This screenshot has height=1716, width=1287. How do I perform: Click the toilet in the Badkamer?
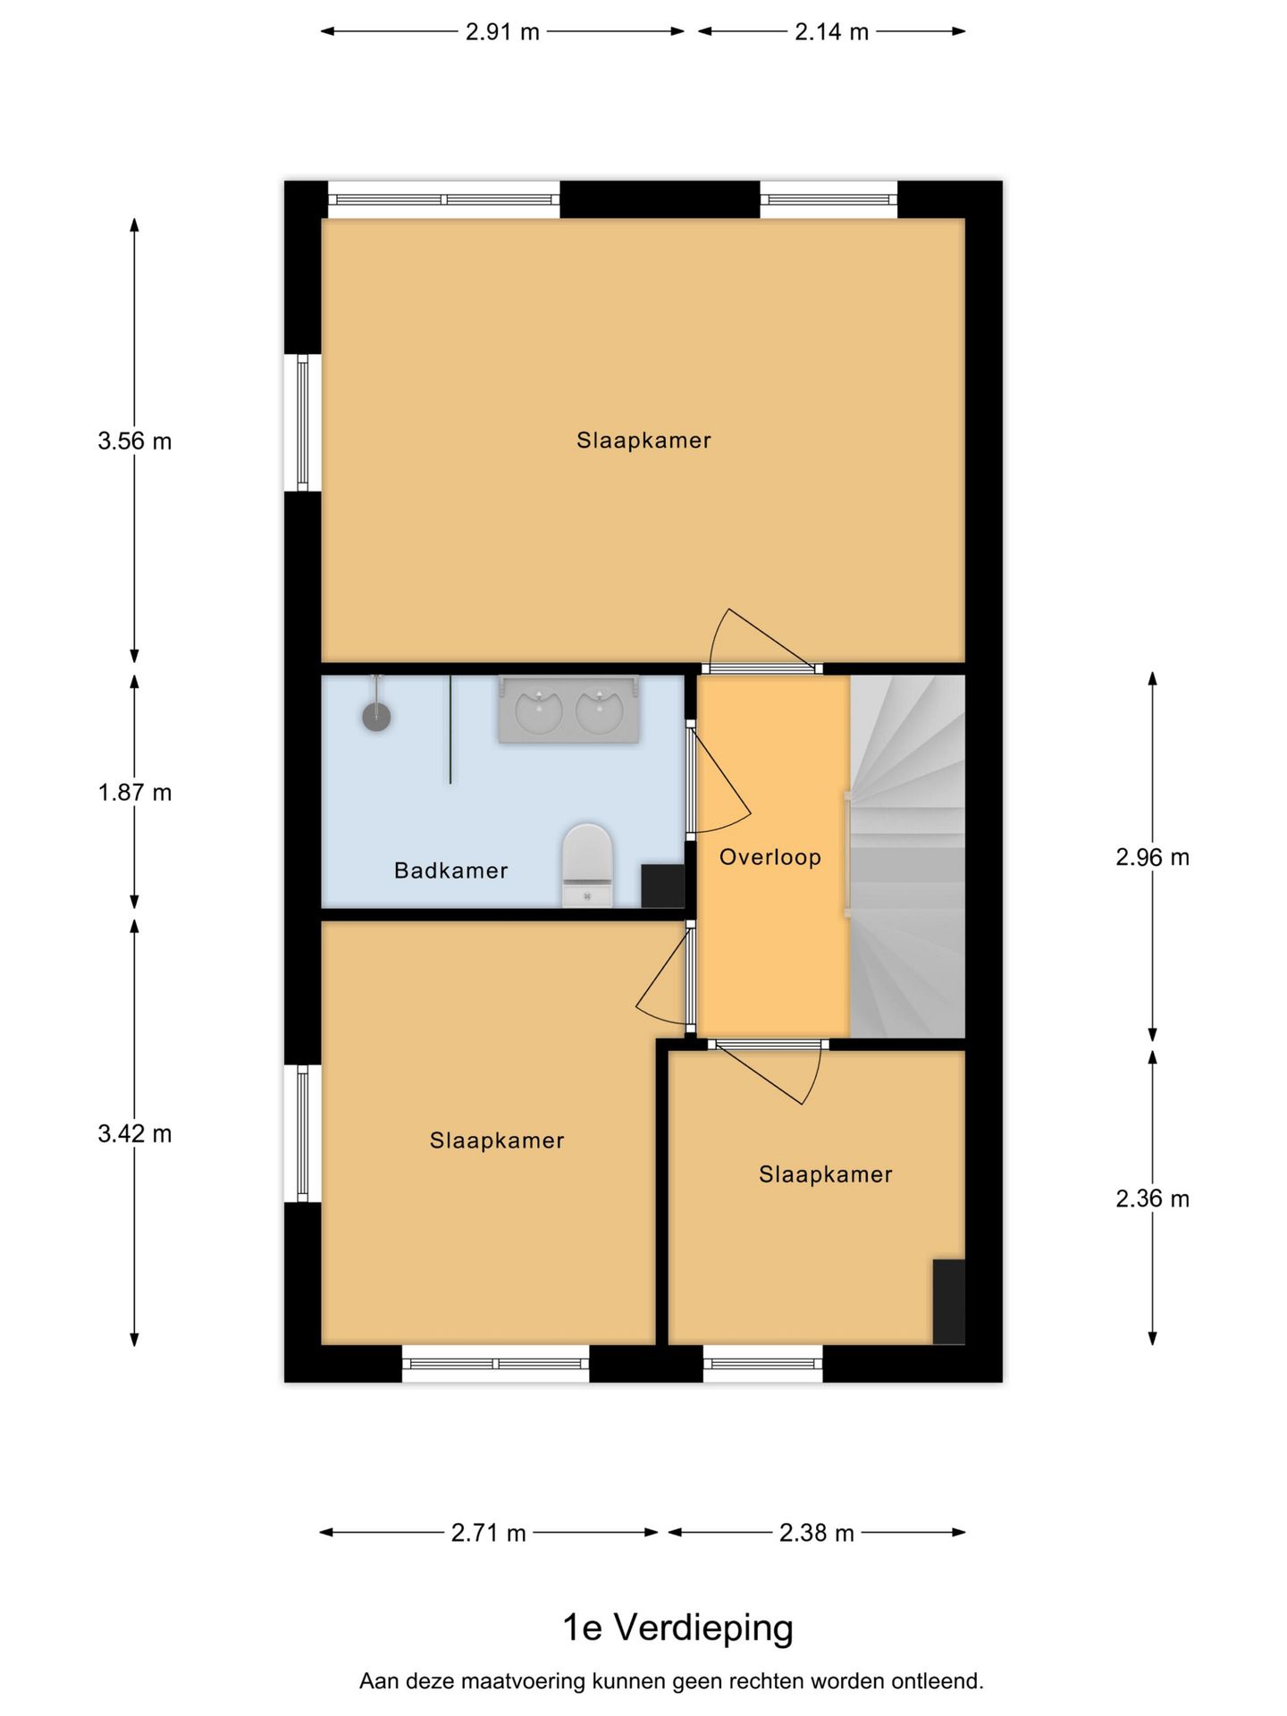point(587,865)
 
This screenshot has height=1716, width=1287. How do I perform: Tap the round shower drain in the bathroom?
point(376,716)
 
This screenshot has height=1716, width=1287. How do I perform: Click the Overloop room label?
point(770,857)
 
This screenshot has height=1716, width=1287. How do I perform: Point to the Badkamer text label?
point(450,871)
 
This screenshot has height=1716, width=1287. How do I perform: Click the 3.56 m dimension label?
point(135,441)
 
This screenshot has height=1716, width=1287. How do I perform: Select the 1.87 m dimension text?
point(135,792)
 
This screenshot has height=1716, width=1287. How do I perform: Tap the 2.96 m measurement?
point(1152,857)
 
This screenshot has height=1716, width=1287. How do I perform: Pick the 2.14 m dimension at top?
point(831,32)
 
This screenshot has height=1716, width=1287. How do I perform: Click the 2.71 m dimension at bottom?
point(488,1533)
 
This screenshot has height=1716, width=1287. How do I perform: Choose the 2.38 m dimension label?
point(816,1533)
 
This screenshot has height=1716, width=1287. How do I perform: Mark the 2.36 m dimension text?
point(1152,1199)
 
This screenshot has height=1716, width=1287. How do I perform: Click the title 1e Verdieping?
point(677,1628)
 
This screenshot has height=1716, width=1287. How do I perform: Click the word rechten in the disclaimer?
point(766,1681)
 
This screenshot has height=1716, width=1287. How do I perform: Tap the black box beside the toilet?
point(662,886)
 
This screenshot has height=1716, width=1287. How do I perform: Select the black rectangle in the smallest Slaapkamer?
point(948,1301)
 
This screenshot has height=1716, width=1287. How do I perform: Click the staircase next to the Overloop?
point(908,856)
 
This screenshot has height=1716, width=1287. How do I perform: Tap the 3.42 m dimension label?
point(135,1134)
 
